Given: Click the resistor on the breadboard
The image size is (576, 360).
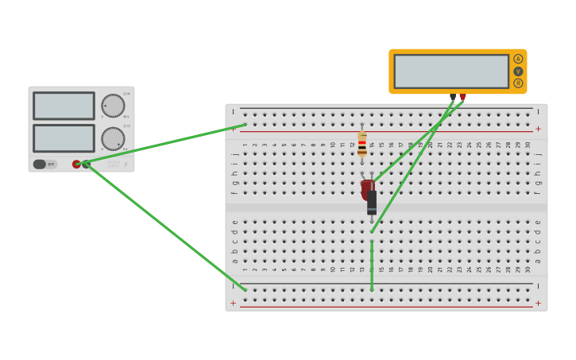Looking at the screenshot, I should click(362, 145).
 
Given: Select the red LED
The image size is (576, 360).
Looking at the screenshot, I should click(367, 189).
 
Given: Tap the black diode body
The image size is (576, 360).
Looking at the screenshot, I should click(372, 202).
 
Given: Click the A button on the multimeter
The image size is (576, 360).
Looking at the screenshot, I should click(518, 59).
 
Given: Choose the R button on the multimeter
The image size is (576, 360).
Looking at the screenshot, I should click(518, 83).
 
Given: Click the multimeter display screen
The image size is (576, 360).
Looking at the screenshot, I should click(451, 72).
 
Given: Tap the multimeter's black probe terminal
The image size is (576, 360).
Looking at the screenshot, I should click(453, 97).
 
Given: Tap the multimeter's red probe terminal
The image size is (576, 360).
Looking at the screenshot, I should click(462, 97).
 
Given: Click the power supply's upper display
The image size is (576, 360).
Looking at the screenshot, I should click(64, 106).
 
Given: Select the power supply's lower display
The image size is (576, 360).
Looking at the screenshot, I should click(64, 138).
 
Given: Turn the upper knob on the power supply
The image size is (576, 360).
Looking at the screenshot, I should click(113, 106).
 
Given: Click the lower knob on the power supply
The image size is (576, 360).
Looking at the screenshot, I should click(113, 139).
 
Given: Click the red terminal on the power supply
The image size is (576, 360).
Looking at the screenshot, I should click(77, 165).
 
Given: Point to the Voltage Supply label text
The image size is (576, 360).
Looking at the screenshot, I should click(113, 165).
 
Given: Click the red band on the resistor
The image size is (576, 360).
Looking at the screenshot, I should click(362, 144).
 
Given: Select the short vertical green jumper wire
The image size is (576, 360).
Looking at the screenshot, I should click(372, 266).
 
